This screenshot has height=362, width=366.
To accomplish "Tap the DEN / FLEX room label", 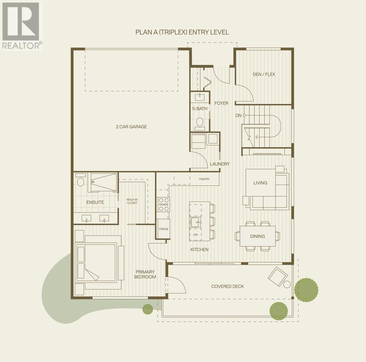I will coord(264,74).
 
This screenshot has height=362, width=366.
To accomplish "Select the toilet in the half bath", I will coord(199,122).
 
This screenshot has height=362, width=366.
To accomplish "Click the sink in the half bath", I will coord(200,97).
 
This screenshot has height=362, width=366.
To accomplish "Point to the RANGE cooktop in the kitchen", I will coord(164,204).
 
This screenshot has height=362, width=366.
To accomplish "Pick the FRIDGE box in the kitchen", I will coord(163,228).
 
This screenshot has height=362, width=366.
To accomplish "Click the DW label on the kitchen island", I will coord(195,235).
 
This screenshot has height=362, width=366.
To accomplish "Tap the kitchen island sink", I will coord(195,222).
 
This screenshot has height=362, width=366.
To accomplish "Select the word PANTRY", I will coord(204,179).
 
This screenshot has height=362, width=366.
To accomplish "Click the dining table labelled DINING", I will coord(258,236).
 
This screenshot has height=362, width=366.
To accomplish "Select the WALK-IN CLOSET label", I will coord(132,201).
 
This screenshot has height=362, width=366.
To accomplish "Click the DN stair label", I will coord(238,115).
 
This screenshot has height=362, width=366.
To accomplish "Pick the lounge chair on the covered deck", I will coord(277,276).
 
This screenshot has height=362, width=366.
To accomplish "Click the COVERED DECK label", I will coord(227,286).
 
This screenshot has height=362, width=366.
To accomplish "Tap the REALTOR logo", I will coord(21,25).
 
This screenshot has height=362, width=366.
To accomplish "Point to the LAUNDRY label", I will coord(220,164).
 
